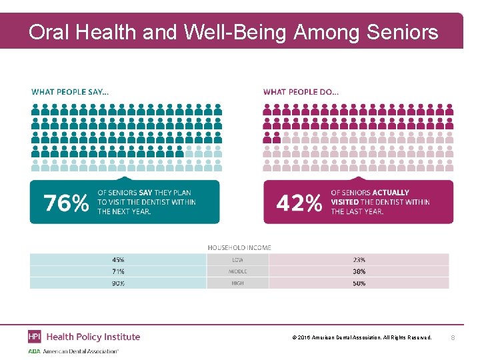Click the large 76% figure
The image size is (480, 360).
pyautogui.click(x=66, y=202)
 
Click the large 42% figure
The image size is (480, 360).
pyautogui.click(x=299, y=202)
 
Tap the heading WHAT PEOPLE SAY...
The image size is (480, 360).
pyautogui.click(x=70, y=91)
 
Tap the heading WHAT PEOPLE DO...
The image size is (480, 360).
pyautogui.click(x=301, y=91)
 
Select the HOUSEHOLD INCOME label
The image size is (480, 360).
pyautogui.click(x=239, y=247)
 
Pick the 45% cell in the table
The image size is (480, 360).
pyautogui.click(x=118, y=259)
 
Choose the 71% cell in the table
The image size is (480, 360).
pyautogui.click(x=118, y=271)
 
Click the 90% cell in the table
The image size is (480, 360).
pyautogui.click(x=118, y=283)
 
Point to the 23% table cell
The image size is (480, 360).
pyautogui.click(x=359, y=259)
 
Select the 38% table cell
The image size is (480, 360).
pyautogui.click(x=359, y=271)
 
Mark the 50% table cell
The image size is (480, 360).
pyautogui.click(x=359, y=283)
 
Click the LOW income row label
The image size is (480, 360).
pyautogui.click(x=237, y=259)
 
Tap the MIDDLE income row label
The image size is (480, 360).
pyautogui.click(x=237, y=271)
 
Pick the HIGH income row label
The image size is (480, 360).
pyautogui.click(x=237, y=283)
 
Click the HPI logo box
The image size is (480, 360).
pyautogui.click(x=35, y=337)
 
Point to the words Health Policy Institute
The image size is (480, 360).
pyautogui.click(x=93, y=337)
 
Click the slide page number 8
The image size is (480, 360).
pyautogui.click(x=453, y=338)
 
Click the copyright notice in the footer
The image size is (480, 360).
pyautogui.click(x=362, y=338)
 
